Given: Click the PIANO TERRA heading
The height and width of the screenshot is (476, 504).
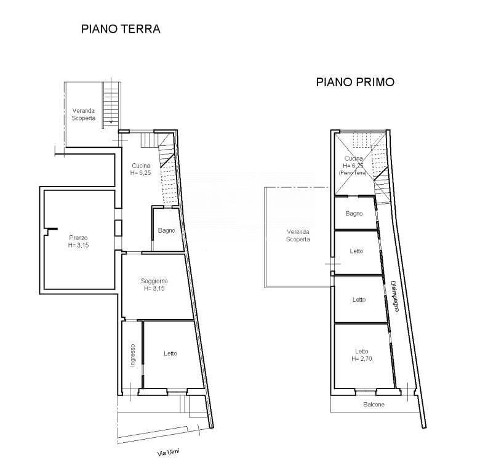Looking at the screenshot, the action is [x=121, y=29].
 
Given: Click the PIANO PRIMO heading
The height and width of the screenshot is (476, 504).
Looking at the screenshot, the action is [x=355, y=82].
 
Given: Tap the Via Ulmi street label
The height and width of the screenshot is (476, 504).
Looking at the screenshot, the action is [x=168, y=453].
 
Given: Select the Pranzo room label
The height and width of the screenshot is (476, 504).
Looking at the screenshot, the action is [x=78, y=238].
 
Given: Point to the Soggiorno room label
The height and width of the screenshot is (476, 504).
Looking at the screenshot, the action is [x=154, y=281].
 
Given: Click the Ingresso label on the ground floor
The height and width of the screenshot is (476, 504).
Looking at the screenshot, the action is [x=132, y=355].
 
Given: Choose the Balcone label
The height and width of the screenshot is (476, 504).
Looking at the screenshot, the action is [x=374, y=405].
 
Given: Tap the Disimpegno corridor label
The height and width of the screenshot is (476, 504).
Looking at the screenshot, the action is [x=394, y=297].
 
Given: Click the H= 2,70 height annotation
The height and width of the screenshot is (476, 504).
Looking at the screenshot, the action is [x=362, y=358].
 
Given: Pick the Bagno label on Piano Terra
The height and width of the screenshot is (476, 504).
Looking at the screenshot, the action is [x=167, y=230].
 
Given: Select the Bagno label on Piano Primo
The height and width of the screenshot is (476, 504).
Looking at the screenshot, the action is [x=354, y=214].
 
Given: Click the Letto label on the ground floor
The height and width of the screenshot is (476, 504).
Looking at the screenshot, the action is [x=170, y=353].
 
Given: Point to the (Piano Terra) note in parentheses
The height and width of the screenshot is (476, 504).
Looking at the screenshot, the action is [x=353, y=172].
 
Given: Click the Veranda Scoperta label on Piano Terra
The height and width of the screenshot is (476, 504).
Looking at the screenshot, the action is [x=84, y=115].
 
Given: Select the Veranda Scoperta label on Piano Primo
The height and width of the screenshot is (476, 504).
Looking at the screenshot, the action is [x=298, y=236].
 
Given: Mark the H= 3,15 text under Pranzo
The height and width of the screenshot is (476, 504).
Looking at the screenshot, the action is [x=78, y=245].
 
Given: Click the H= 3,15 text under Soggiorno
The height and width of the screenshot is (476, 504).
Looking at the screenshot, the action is [x=154, y=289].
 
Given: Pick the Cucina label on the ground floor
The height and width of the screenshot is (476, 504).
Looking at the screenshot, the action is [x=141, y=166].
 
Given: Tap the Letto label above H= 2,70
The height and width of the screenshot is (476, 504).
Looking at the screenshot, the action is [x=362, y=351].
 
